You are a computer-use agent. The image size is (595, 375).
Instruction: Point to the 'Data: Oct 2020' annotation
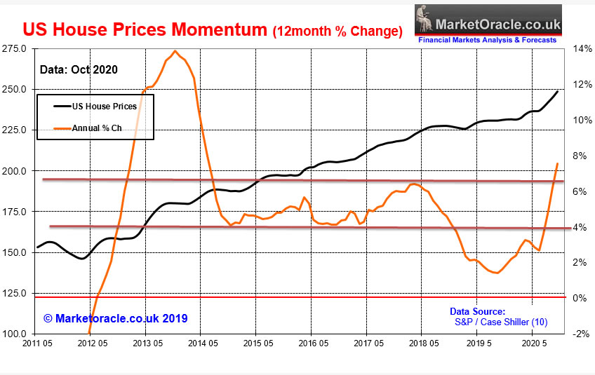[77, 69]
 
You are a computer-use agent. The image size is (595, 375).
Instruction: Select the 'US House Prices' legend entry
[106, 107]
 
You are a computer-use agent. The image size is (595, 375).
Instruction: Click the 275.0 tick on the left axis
[15, 49]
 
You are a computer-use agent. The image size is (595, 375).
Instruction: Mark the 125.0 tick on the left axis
[15, 293]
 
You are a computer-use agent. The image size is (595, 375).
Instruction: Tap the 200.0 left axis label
[15, 171]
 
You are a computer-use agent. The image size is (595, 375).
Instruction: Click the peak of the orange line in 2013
[175, 51]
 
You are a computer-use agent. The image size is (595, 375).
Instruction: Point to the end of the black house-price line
[559, 91]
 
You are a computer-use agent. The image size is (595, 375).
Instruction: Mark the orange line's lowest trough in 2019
[497, 273]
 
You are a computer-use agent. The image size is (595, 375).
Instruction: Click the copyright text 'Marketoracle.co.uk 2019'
[116, 318]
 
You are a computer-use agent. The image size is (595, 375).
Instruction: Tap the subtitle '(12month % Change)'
[337, 31]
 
